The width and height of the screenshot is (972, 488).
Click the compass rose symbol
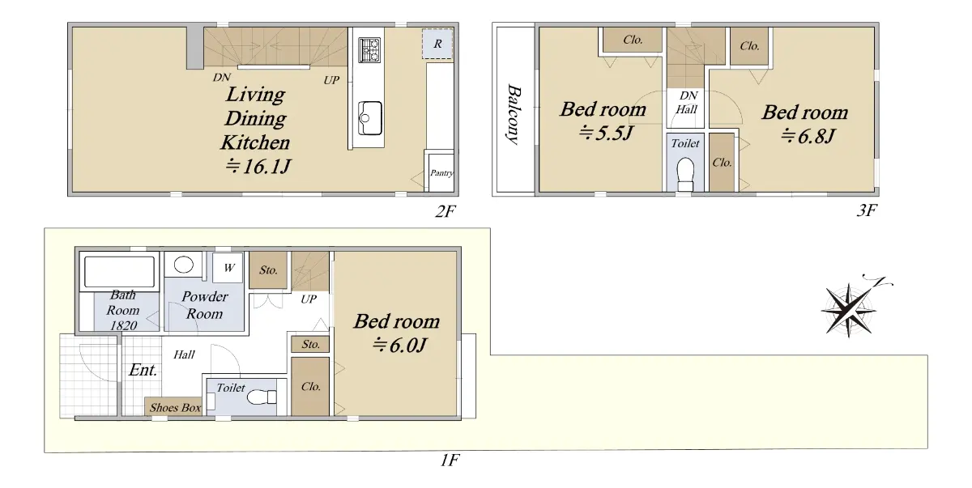pos(848,310)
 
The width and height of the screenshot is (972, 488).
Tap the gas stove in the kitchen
pos(369,50)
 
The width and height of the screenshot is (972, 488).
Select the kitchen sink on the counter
pos(369,118)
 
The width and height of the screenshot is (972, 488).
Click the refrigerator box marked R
pos(437,44)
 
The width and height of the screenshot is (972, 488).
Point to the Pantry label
pos(441,173)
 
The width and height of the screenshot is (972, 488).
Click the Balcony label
pos(514,114)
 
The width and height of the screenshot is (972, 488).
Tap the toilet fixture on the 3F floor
pos(685,174)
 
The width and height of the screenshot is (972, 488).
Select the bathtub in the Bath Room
pos(119,272)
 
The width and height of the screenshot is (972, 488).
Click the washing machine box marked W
pos(228,268)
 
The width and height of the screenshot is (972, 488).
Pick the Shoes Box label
pos(175,407)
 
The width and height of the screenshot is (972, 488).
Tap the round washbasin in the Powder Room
pos(184,265)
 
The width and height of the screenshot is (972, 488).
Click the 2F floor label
pos(446,211)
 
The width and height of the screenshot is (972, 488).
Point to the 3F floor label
pos(867,210)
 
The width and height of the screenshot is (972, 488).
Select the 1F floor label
pos(450,460)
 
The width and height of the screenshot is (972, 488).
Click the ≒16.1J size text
pos(258,167)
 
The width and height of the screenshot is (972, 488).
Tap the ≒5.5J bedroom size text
pos(606,133)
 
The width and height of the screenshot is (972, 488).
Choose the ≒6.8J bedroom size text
pos(808,137)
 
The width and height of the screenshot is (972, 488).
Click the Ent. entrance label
pos(143,370)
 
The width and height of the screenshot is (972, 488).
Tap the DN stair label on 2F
pos(221,78)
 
